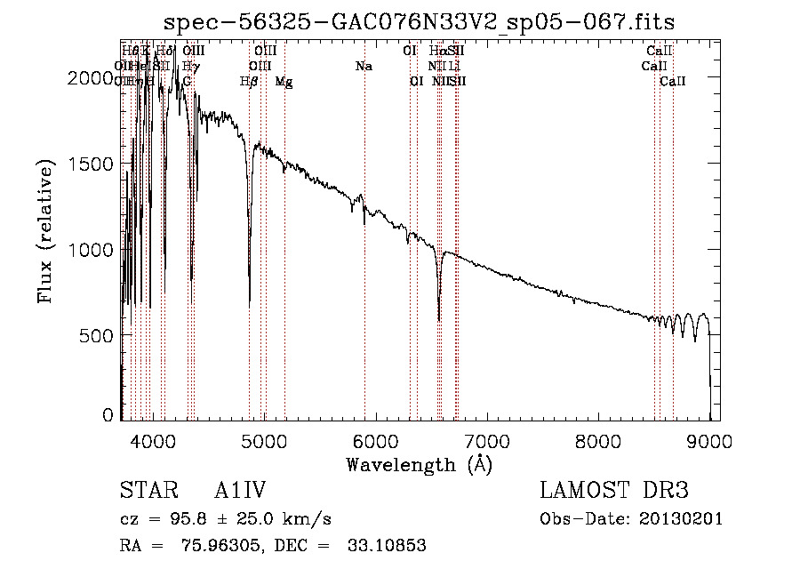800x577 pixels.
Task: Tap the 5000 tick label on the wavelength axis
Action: [x=264, y=440]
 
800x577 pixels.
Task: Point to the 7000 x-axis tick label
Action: [x=487, y=440]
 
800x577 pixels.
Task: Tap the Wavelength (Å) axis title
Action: [x=419, y=464]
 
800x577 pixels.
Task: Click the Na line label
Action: [x=363, y=67]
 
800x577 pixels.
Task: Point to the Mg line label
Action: [x=284, y=82]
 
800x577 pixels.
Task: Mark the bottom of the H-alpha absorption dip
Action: [x=439, y=321]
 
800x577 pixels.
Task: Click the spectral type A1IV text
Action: [x=240, y=491]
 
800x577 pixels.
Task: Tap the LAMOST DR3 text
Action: [x=614, y=491]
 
